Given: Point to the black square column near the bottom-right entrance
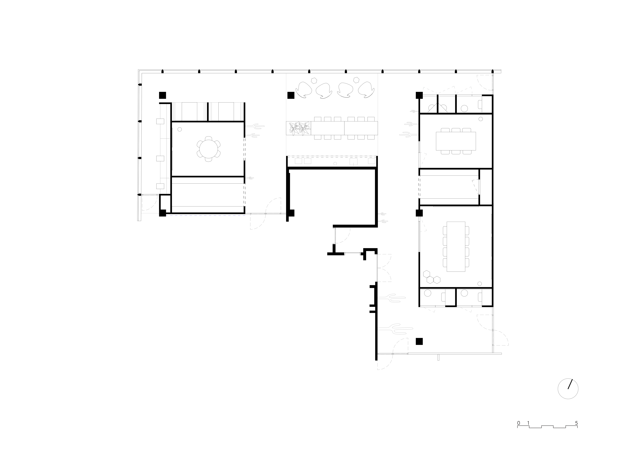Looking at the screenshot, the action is [x=419, y=341].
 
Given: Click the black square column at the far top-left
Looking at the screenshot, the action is [x=163, y=95].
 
